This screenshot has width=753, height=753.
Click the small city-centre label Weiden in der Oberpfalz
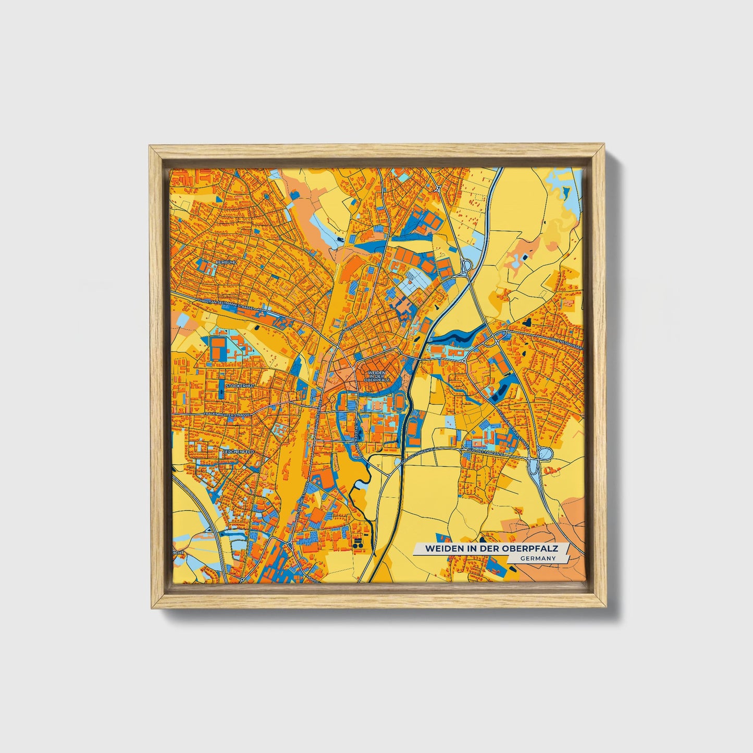pos(377,377)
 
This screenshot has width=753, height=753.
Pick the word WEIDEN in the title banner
pos(442,549)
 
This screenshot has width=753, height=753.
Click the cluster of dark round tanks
pos(357,543)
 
